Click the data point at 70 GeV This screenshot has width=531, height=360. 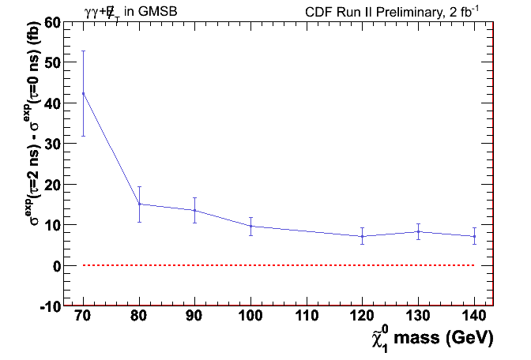tap(83, 93)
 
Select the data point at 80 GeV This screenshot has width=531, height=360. tap(139, 204)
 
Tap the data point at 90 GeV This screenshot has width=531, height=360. tap(195, 210)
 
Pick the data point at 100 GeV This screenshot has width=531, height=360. tap(250, 226)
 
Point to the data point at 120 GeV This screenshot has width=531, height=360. tap(362, 236)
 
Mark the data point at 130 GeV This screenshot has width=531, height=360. tap(418, 231)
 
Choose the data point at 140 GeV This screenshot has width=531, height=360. tap(474, 236)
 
